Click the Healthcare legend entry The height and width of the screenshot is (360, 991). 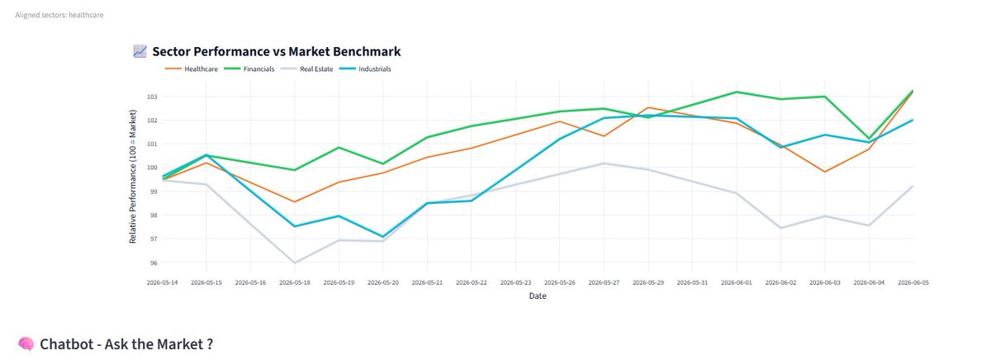pyautogui.click(x=191, y=69)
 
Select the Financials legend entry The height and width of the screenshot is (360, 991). pyautogui.click(x=249, y=69)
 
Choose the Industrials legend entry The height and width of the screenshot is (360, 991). pyautogui.click(x=365, y=69)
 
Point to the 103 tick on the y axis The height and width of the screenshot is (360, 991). pyautogui.click(x=152, y=97)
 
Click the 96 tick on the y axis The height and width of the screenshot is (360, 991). pyautogui.click(x=153, y=263)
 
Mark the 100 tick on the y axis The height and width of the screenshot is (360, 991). pyautogui.click(x=152, y=168)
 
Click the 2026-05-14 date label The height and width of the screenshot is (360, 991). pyautogui.click(x=162, y=282)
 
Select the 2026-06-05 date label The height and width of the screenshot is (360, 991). pyautogui.click(x=913, y=282)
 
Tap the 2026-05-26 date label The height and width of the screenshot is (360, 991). pyautogui.click(x=560, y=282)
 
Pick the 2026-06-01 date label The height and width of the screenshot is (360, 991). pyautogui.click(x=736, y=282)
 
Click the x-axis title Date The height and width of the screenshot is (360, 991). pyautogui.click(x=538, y=296)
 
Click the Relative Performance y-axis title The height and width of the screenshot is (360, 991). pyautogui.click(x=132, y=177)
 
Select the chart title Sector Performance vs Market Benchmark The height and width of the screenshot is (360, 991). pyautogui.click(x=277, y=51)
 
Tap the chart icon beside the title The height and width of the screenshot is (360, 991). pyautogui.click(x=140, y=51)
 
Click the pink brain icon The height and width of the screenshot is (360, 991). pyautogui.click(x=26, y=343)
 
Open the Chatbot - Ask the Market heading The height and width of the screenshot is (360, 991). pyautogui.click(x=126, y=344)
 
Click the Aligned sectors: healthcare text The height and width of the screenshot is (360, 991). pyautogui.click(x=59, y=15)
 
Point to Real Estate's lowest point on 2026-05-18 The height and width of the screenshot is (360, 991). pyautogui.click(x=295, y=263)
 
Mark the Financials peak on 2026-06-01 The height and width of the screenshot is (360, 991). pyautogui.click(x=736, y=92)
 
